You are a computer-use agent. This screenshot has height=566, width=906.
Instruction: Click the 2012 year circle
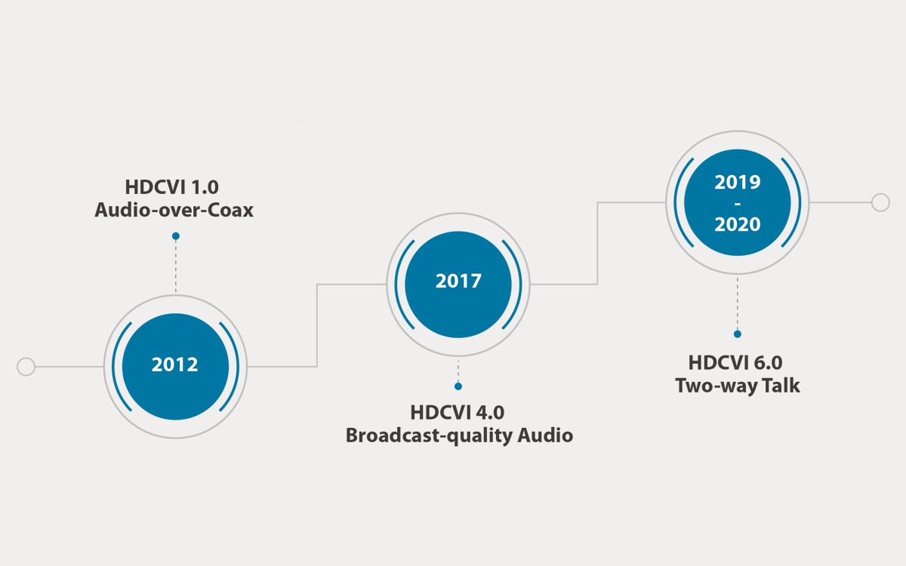point(175,366)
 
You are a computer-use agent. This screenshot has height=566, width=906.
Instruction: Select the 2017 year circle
point(458,285)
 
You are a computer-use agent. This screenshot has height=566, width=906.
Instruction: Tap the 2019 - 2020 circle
point(738,202)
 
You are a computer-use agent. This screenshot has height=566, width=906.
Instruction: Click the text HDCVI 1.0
point(172,187)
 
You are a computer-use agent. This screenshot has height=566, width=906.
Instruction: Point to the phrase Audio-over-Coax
point(174,211)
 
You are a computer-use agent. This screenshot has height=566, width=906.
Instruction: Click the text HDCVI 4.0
point(458,413)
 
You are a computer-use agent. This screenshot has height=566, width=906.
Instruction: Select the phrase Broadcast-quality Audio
point(459,436)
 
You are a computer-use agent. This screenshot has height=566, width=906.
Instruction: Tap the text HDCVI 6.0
point(735,363)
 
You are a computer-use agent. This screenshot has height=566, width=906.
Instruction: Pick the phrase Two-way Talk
point(738,386)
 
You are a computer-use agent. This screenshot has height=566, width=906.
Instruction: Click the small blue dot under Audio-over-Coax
point(175,236)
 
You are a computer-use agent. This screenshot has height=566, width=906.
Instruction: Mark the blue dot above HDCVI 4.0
point(458,386)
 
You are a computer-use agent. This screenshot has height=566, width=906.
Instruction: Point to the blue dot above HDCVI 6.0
point(738,334)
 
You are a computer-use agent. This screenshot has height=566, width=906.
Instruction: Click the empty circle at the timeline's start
point(26,367)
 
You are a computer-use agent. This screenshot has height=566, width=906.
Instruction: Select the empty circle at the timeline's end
point(880,202)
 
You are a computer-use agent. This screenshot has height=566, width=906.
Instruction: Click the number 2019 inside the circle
point(738,183)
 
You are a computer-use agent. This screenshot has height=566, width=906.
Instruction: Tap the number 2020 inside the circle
point(738,224)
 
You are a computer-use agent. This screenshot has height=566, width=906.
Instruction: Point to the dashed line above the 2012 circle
point(175,266)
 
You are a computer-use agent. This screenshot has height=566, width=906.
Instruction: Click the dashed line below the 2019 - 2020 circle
point(738,303)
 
